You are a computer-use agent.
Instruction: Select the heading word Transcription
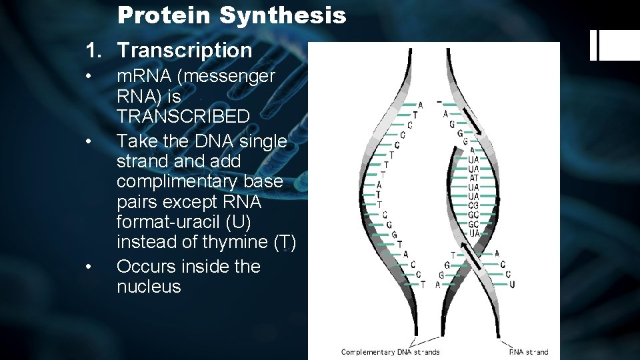(185, 50)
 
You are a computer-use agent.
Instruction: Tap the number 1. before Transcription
(96, 50)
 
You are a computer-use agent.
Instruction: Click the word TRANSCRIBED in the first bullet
(183, 116)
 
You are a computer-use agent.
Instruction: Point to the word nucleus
(149, 287)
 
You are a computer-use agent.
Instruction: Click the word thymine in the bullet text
(235, 241)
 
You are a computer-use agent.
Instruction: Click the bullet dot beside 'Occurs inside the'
(88, 267)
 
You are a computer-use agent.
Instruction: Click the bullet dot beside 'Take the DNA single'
(88, 141)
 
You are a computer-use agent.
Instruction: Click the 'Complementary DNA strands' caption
(390, 352)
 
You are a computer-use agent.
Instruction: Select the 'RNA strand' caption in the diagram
(528, 352)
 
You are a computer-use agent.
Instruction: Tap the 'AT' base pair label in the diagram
(473, 178)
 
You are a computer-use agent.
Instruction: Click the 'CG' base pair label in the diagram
(473, 205)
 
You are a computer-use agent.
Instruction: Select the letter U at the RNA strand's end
(511, 285)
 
